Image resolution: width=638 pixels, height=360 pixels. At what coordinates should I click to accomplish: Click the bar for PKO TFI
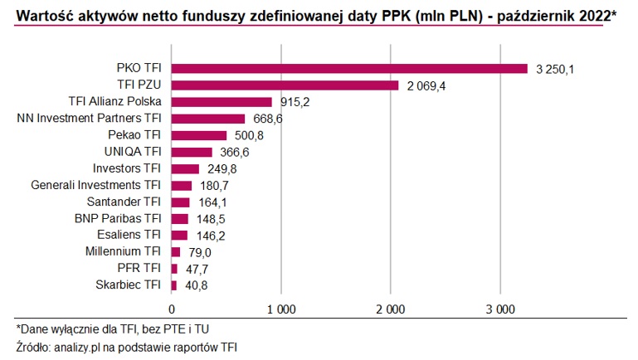click(349, 69)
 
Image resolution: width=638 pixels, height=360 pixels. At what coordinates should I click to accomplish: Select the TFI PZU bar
click(285, 85)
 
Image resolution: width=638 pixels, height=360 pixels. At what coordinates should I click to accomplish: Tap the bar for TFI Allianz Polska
click(222, 102)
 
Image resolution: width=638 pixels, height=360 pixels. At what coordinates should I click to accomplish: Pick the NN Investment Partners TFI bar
click(208, 119)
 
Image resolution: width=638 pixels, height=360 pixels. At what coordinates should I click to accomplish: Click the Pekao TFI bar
click(199, 135)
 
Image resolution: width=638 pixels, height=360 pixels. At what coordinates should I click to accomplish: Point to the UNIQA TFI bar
click(192, 152)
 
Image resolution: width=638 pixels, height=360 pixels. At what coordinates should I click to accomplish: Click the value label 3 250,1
click(555, 69)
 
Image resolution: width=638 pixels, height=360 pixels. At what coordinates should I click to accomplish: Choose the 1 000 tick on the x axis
click(280, 309)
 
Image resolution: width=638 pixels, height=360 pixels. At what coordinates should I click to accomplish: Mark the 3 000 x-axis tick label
click(499, 309)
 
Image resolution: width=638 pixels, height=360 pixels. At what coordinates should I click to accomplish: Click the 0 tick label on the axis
click(172, 309)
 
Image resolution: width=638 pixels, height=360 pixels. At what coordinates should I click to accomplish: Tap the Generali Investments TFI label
click(95, 185)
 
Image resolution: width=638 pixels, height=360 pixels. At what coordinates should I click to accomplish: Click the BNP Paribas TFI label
click(118, 218)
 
